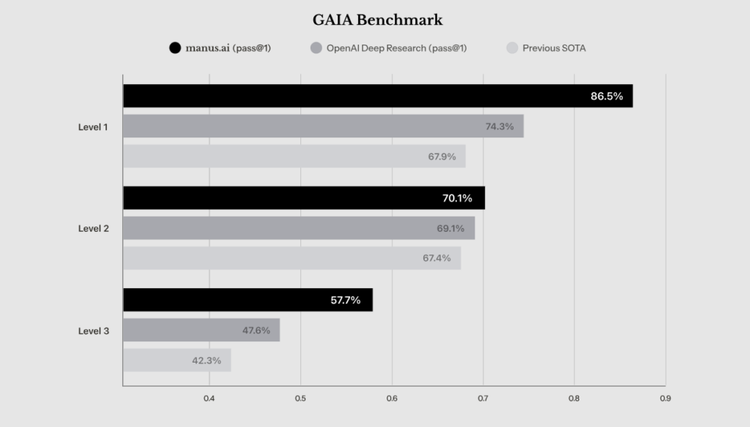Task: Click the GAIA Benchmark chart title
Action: [377, 20]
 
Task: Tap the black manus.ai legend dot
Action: [174, 48]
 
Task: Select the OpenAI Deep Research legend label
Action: [397, 48]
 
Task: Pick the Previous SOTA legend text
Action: [554, 48]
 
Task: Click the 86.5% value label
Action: [606, 96]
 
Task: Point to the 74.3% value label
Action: [500, 126]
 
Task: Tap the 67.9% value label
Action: [442, 156]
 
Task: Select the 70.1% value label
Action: [458, 198]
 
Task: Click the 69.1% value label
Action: [450, 228]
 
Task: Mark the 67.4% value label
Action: [437, 258]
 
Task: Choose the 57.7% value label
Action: [346, 300]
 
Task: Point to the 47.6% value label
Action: [256, 330]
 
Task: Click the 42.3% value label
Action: [208, 360]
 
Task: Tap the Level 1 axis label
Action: [94, 126]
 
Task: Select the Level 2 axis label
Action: [94, 228]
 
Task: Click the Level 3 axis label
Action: [94, 330]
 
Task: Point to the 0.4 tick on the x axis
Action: [209, 398]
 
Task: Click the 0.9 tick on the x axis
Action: [665, 398]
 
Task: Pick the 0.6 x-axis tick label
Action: [392, 398]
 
